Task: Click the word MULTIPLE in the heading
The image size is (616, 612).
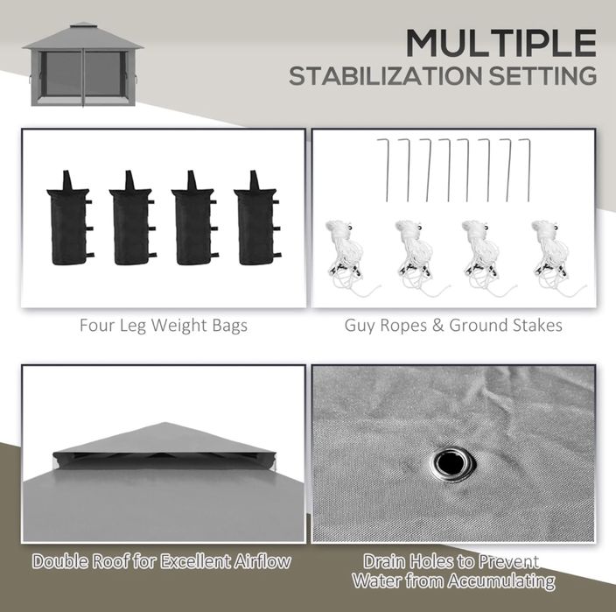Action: [501, 43]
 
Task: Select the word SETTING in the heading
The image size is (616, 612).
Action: [542, 76]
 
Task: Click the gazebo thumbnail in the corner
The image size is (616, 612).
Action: [83, 65]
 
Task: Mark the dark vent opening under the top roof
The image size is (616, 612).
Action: [164, 457]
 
